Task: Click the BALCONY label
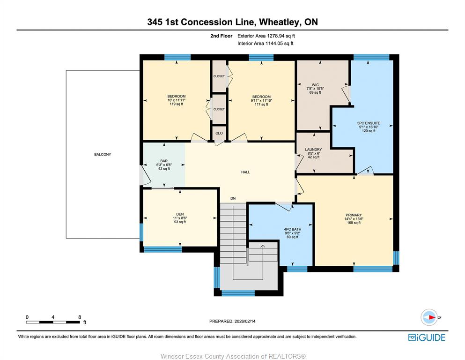tap(103, 155)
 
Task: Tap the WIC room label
tap(315, 85)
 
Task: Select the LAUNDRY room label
tap(313, 150)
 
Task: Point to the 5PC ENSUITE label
tap(369, 123)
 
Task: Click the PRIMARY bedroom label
tap(354, 215)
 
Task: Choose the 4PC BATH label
tap(292, 229)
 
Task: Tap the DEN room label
tap(180, 214)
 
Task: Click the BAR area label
tap(164, 161)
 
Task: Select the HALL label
tap(245, 172)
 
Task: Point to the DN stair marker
tap(233, 199)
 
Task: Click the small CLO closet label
tap(219, 133)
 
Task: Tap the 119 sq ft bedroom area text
tap(177, 104)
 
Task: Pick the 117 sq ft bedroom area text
tap(262, 105)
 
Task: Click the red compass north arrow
tap(432, 317)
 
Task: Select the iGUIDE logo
tap(427, 337)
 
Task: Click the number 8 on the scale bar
tap(80, 317)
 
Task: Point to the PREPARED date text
tap(232, 321)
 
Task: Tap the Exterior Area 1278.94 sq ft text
tap(266, 36)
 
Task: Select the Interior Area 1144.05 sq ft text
tap(266, 43)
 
